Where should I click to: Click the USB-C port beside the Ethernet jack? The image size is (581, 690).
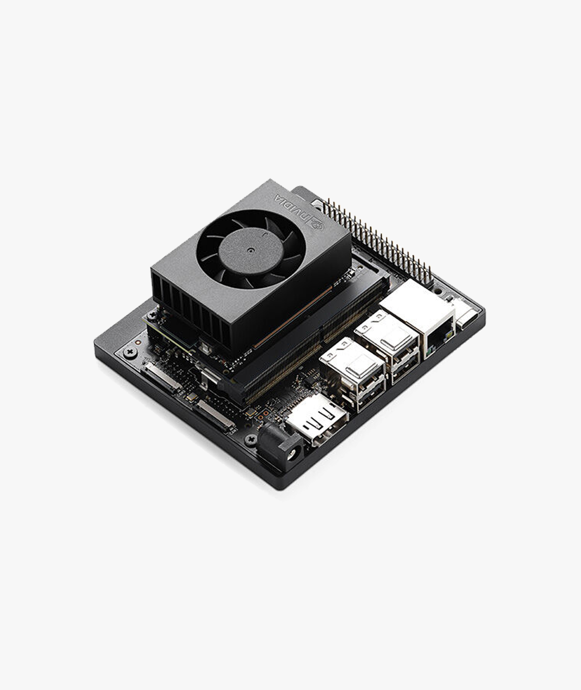point(466,318)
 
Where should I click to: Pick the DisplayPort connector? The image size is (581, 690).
point(316,420)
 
